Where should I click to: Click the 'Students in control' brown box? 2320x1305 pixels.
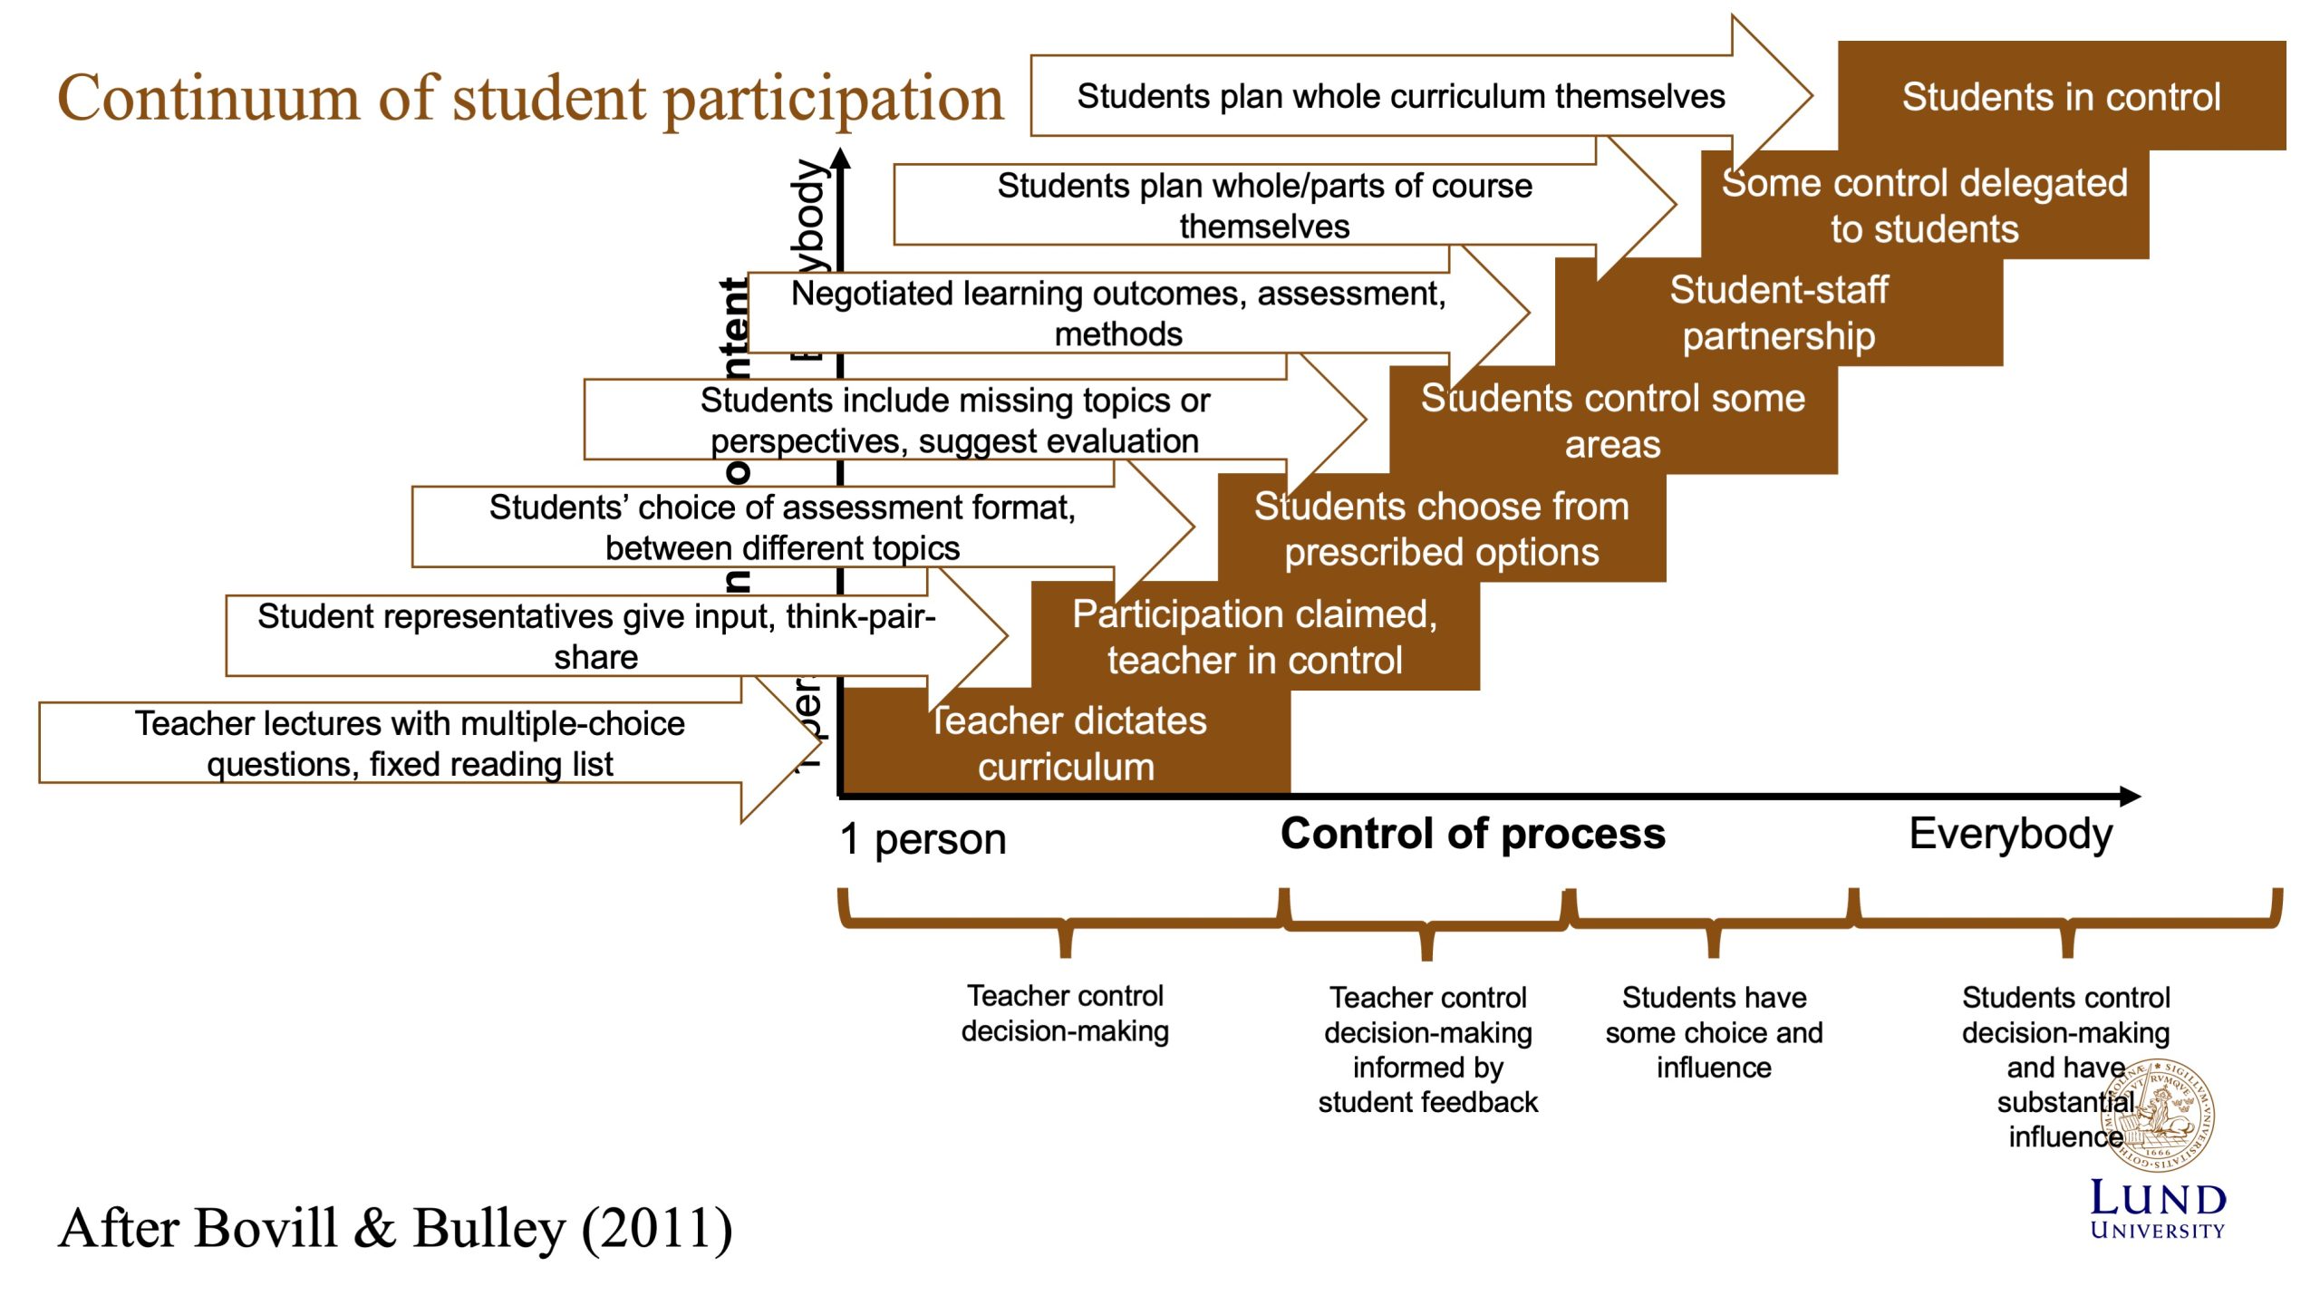[2061, 96]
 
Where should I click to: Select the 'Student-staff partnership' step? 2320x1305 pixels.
[1778, 313]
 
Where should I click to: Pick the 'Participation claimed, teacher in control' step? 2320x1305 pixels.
[1254, 636]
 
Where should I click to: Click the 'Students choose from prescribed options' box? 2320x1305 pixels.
[1441, 528]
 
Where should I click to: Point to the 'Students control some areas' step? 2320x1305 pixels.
[1612, 420]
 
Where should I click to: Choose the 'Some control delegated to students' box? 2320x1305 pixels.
[1924, 205]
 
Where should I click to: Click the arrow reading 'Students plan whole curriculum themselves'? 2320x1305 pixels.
[1400, 96]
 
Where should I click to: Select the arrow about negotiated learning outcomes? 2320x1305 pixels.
[1117, 313]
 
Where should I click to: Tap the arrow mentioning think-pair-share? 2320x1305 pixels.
[595, 635]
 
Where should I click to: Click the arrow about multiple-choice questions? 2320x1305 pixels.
[410, 743]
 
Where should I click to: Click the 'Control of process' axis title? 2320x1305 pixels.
[1473, 834]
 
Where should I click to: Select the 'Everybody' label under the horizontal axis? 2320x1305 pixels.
[2010, 834]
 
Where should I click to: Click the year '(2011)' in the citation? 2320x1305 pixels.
[657, 1230]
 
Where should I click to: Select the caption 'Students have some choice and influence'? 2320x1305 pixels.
[1714, 1032]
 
